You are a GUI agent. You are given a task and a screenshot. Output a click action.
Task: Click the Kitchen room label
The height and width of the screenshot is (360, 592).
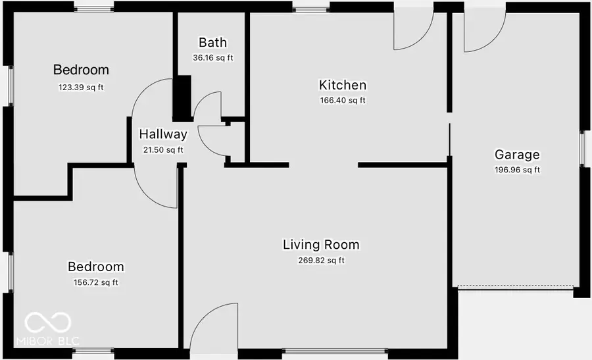click(x=342, y=85)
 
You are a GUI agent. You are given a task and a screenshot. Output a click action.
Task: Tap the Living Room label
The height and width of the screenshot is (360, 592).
click(x=321, y=245)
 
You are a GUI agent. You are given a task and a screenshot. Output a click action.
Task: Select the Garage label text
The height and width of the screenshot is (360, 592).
click(x=517, y=155)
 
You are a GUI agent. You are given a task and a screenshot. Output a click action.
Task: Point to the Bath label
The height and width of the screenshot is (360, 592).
click(x=212, y=43)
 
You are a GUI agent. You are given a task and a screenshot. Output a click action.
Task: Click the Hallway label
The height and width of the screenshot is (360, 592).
click(x=163, y=134)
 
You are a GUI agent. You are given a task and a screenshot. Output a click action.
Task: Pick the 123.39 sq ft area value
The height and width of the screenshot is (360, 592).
click(x=81, y=86)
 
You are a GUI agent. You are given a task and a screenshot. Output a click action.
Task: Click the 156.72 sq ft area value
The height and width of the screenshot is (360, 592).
click(x=96, y=283)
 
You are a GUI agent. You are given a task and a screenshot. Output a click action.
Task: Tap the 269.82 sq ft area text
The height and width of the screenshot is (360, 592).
click(x=321, y=261)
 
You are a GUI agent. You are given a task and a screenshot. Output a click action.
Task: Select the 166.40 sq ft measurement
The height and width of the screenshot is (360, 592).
click(x=342, y=101)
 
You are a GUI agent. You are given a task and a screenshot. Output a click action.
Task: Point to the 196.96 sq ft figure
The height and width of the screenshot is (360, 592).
click(x=517, y=170)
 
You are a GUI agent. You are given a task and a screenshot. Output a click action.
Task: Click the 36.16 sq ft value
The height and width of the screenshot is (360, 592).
click(x=212, y=58)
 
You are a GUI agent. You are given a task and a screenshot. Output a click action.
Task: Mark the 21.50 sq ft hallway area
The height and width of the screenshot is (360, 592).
click(x=163, y=150)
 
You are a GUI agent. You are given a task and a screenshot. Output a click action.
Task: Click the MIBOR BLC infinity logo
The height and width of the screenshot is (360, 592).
click(x=47, y=322)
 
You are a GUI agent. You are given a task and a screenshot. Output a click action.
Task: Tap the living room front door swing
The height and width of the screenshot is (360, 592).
click(x=216, y=326)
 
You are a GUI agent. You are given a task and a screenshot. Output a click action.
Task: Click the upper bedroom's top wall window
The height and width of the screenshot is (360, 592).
click(x=93, y=7)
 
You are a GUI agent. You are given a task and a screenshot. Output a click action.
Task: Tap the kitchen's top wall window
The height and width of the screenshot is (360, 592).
click(x=310, y=8)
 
